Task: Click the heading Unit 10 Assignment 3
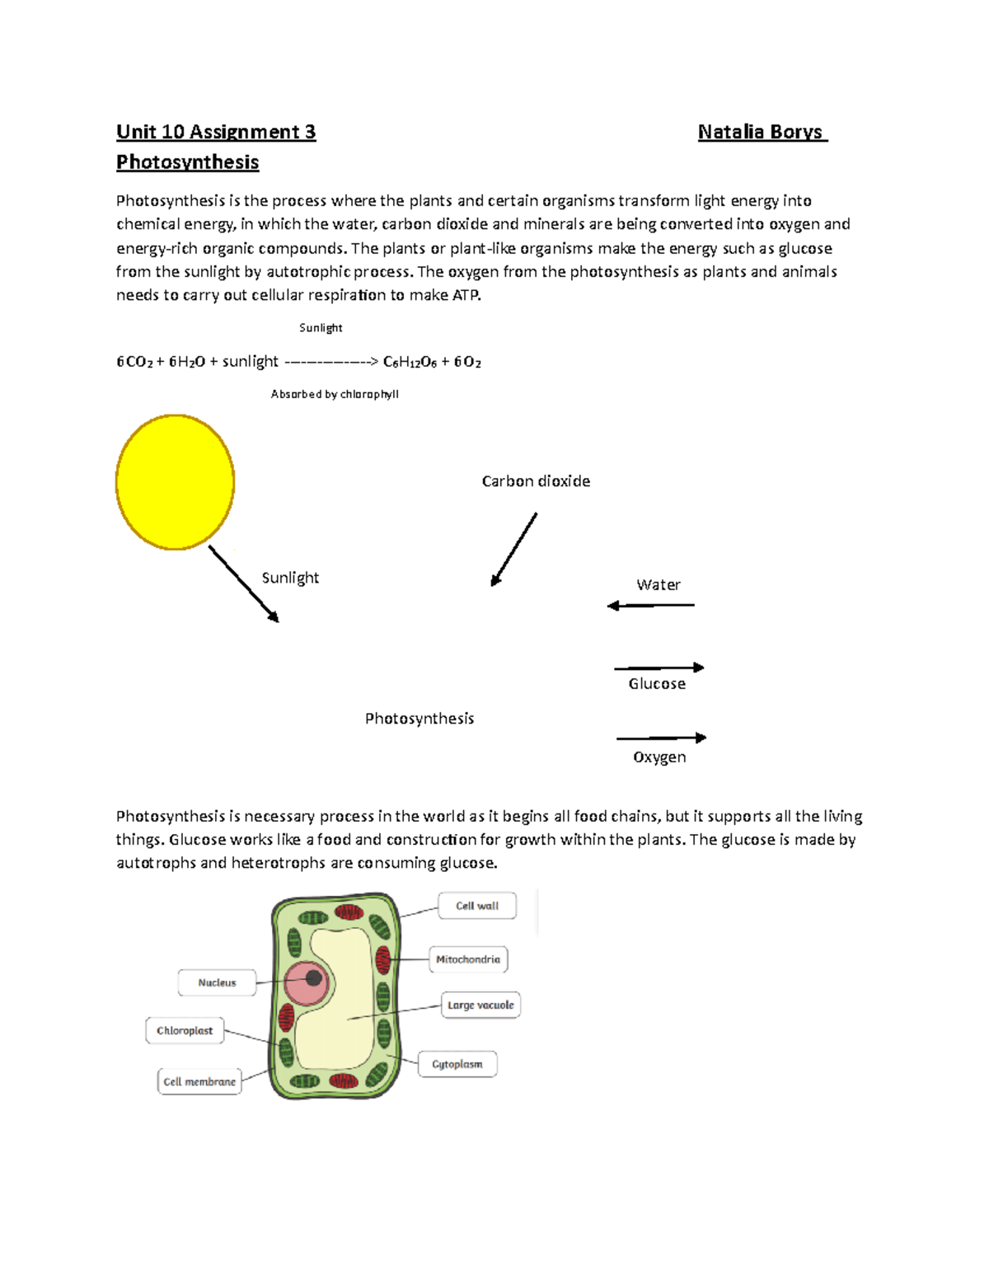216,132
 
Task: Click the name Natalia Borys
761,132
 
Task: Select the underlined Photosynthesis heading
188,162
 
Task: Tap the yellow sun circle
176,482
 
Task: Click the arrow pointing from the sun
244,584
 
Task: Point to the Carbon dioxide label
536,481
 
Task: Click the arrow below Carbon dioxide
514,549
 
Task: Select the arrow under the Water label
651,606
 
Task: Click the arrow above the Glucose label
659,668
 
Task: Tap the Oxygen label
659,757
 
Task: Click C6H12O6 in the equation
410,362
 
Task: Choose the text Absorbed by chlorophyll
335,394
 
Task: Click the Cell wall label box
477,906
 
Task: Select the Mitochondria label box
468,959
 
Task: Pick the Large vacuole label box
480,1006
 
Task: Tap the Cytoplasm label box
457,1064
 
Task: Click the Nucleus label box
217,982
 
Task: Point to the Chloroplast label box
185,1031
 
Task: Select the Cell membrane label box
199,1081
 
